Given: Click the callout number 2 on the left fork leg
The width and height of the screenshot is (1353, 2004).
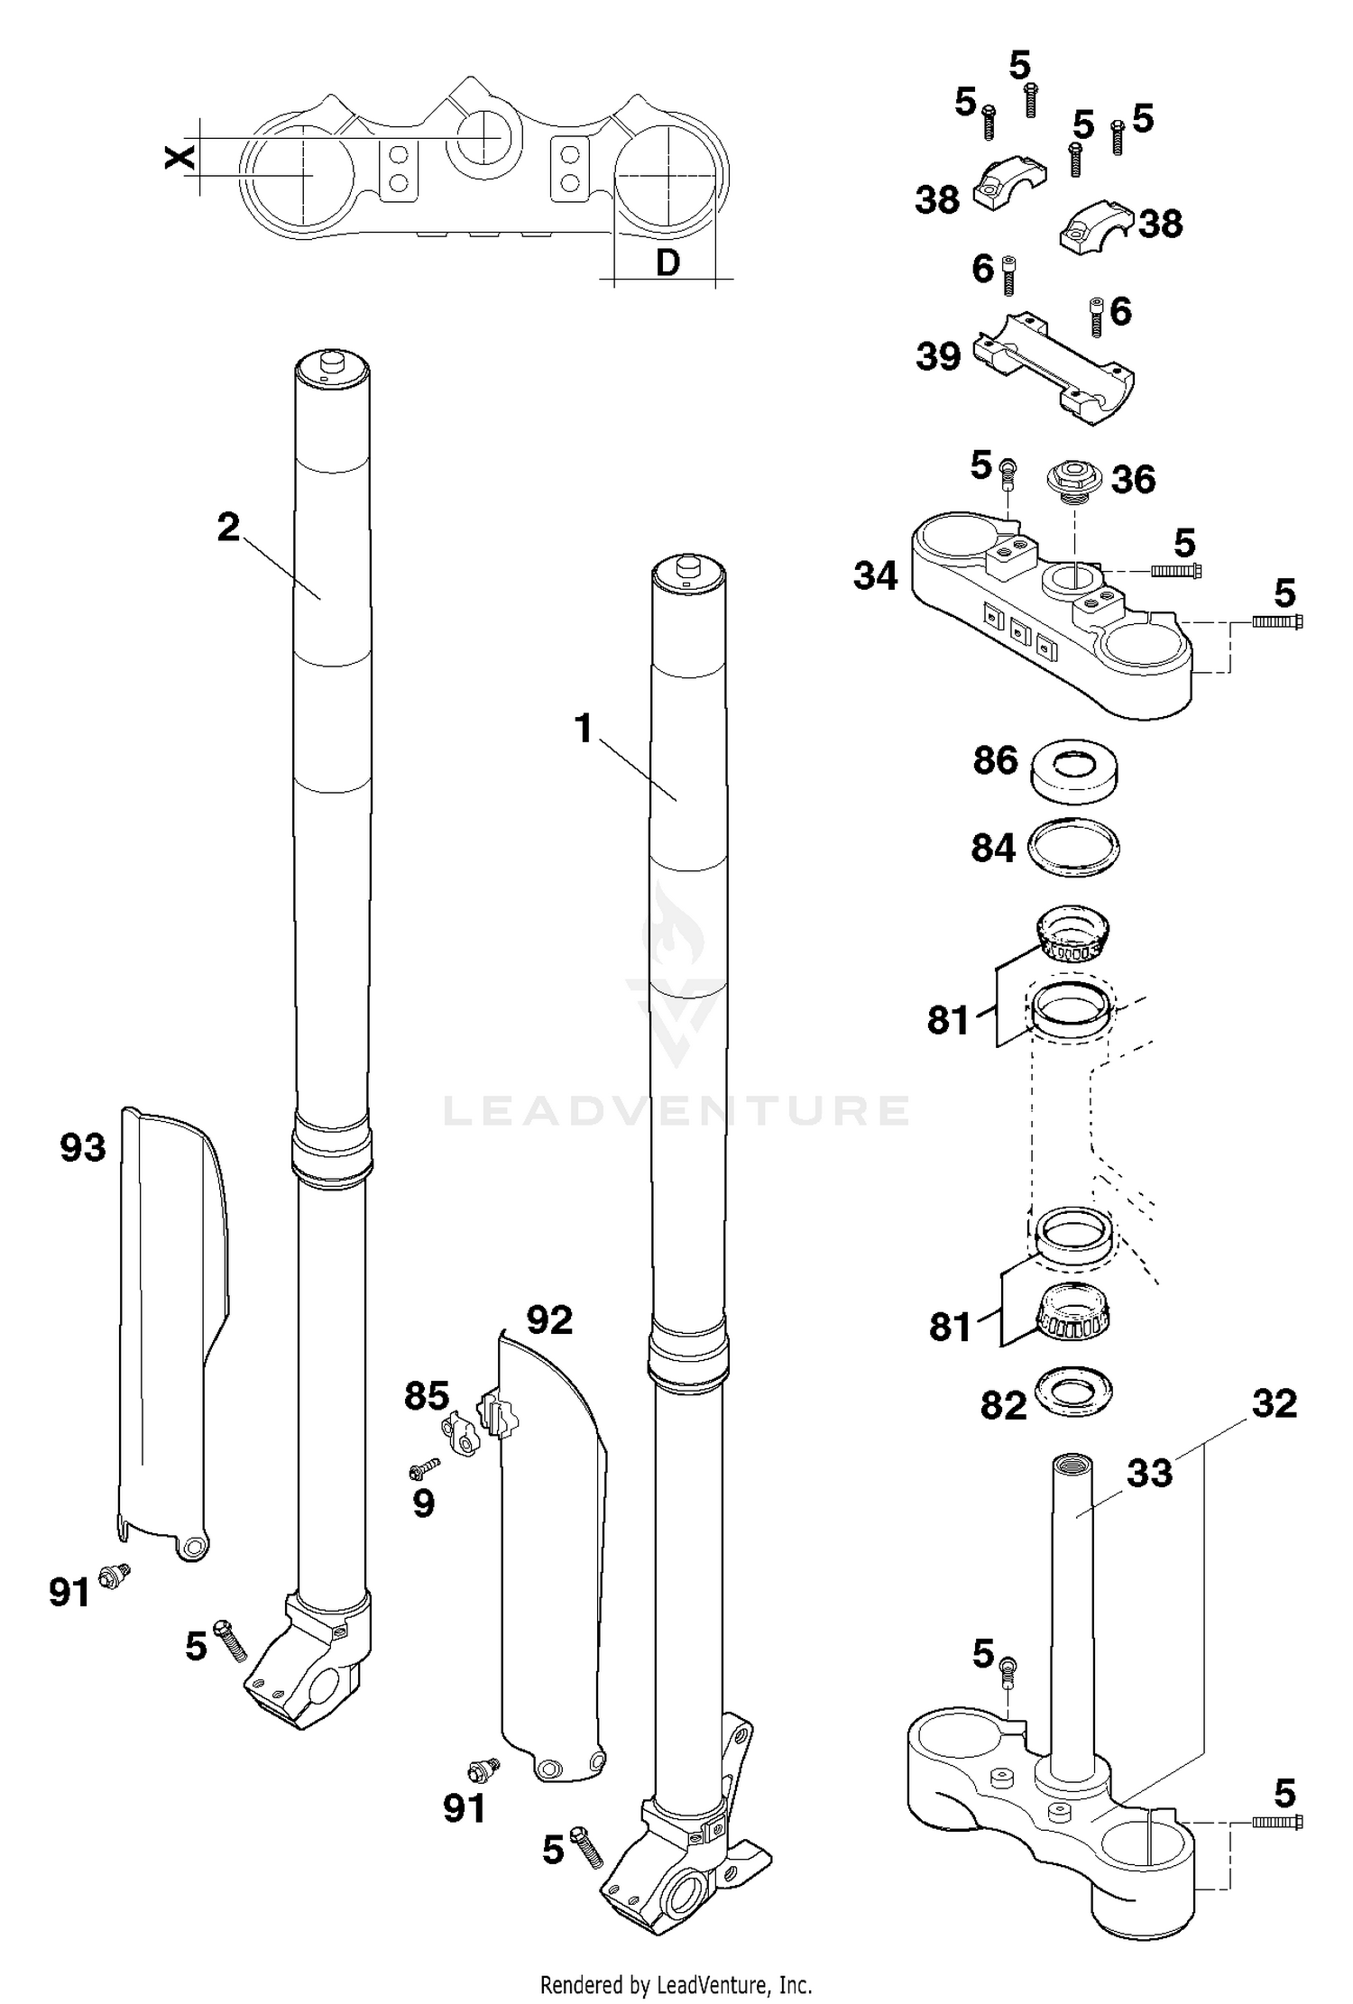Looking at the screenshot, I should (228, 527).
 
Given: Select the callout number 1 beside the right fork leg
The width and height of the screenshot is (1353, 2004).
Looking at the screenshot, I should (584, 729).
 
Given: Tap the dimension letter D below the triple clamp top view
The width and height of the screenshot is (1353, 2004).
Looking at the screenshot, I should (667, 262).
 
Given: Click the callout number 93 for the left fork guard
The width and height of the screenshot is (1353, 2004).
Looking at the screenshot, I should (83, 1148).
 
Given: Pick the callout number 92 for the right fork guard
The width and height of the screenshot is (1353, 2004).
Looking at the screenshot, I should (549, 1320).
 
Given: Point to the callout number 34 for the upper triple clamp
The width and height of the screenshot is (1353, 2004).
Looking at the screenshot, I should (875, 575).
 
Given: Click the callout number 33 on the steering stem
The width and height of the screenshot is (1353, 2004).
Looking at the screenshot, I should (1148, 1473).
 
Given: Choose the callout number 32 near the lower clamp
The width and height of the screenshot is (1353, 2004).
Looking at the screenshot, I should (1274, 1403).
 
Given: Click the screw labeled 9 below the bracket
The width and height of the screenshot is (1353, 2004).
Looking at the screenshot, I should (422, 1471).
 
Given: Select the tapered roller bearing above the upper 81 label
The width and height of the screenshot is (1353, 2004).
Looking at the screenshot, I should (1071, 935).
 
